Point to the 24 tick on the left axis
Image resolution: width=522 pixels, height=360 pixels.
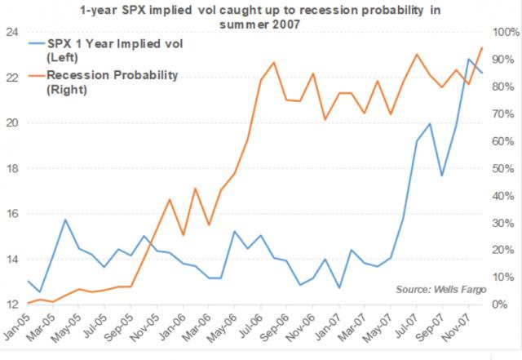(11, 33)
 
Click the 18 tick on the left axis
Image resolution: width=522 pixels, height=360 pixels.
(11, 169)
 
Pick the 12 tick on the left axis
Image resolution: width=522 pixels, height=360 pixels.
(11, 304)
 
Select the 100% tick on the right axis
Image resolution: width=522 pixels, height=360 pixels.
(506, 33)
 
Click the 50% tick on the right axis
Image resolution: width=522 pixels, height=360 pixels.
(503, 169)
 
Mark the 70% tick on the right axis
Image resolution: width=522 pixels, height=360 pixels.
(503, 114)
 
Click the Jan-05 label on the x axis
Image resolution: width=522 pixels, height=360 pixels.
(16, 322)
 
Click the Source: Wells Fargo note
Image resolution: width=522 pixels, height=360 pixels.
(441, 290)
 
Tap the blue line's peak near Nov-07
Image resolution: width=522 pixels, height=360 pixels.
(468, 59)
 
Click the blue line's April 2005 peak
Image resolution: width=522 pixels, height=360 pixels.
(65, 220)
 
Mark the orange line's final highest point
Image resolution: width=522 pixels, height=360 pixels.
(482, 47)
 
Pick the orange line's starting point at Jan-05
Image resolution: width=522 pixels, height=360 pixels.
(28, 303)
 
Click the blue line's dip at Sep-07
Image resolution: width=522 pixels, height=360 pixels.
(442, 176)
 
